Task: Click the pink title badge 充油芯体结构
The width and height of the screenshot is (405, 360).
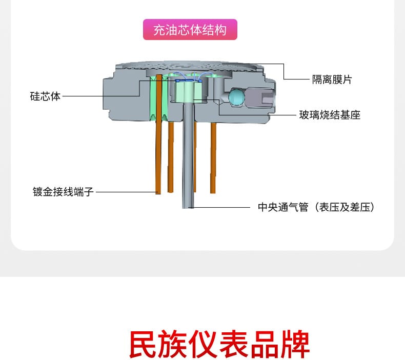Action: [x=190, y=30]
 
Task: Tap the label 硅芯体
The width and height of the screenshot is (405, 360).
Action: [x=45, y=96]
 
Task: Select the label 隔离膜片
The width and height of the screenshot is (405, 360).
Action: [x=332, y=79]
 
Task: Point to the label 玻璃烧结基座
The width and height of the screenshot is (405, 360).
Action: [x=330, y=115]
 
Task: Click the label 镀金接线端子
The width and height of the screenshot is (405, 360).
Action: [x=63, y=192]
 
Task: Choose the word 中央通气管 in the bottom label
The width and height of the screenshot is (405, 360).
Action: [x=282, y=207]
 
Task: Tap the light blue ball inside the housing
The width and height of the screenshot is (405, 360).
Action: [x=237, y=96]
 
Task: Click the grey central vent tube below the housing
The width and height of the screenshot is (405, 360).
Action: [x=189, y=164]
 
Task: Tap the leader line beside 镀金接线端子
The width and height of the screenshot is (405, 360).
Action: [x=126, y=192]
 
